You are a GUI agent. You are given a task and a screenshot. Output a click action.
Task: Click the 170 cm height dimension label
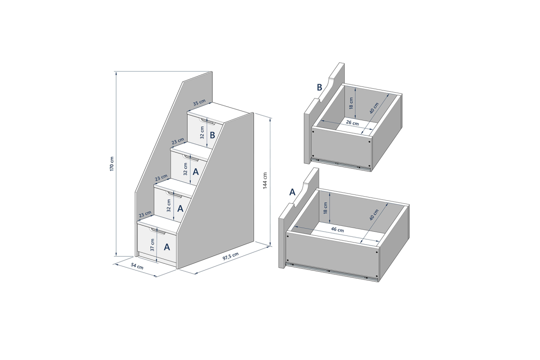click(112, 164)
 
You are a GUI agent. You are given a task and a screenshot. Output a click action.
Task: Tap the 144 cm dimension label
click(265, 180)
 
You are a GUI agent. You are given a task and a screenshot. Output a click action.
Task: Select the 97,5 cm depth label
click(230, 256)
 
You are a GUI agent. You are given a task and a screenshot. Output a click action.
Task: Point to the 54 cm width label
click(137, 266)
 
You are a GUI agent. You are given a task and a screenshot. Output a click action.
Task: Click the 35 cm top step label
click(199, 103)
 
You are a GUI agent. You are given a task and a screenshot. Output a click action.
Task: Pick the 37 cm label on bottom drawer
click(152, 245)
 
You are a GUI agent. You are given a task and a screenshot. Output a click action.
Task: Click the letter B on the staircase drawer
click(212, 135)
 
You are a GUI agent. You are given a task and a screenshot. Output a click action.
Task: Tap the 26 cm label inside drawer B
click(352, 123)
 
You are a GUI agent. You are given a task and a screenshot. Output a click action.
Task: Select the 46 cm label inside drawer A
click(337, 229)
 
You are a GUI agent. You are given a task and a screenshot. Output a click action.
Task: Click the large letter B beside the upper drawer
click(319, 87)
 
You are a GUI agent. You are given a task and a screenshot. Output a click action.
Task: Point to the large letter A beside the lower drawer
click(292, 192)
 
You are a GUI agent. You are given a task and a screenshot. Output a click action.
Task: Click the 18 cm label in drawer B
click(351, 103)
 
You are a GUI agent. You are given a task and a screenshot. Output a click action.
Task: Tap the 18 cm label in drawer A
click(325, 208)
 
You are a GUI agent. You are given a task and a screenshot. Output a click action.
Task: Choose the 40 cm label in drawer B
click(374, 108)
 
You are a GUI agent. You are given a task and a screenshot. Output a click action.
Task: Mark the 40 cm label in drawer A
click(373, 215)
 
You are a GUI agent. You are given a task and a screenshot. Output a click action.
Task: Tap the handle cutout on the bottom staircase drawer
click(157, 231)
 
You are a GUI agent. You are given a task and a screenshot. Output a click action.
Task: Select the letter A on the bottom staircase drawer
click(167, 247)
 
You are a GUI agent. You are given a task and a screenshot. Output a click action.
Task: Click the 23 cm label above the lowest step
click(145, 214)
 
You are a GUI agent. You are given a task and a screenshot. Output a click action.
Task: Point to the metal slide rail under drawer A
click(332, 271)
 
